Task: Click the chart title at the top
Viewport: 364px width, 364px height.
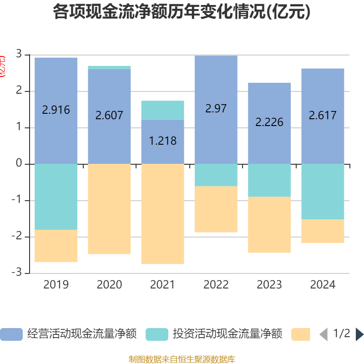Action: (182, 12)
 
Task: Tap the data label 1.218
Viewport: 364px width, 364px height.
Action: (162, 141)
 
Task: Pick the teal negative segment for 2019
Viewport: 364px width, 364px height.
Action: (56, 197)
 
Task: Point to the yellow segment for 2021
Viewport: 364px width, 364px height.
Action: (162, 214)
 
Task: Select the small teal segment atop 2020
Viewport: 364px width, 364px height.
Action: (109, 67)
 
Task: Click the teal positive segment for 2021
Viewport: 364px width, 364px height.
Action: (162, 110)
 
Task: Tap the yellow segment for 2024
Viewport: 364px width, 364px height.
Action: (323, 232)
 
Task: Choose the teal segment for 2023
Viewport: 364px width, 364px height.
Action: (269, 180)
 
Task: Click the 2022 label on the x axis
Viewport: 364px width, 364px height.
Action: (216, 285)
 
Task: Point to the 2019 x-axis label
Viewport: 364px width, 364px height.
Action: (56, 285)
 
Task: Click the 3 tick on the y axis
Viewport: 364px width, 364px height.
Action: (19, 55)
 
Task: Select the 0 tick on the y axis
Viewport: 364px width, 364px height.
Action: (19, 163)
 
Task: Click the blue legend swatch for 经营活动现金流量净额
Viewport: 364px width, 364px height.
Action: (11, 334)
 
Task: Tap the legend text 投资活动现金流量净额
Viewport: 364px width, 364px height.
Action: (227, 334)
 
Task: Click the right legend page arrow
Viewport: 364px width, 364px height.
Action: (359, 334)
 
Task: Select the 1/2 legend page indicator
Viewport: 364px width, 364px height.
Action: (342, 334)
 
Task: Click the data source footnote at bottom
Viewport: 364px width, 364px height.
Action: (182, 359)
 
